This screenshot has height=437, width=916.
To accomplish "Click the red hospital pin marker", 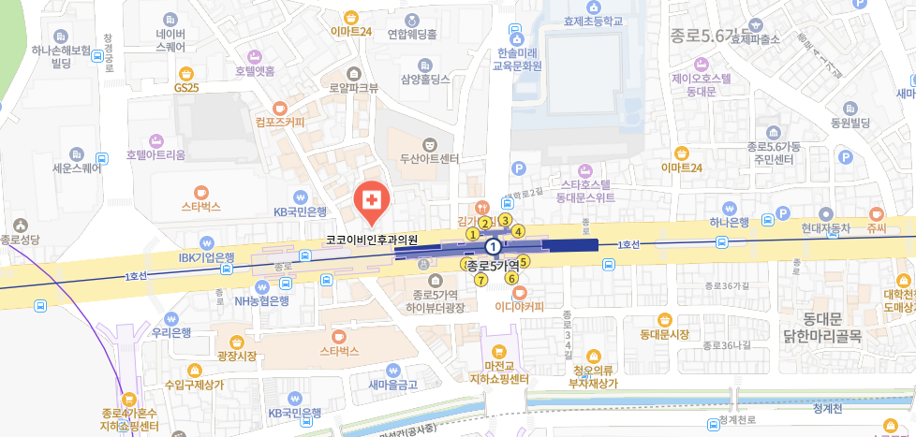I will (372, 200).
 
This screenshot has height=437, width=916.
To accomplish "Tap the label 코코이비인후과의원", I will (371, 240).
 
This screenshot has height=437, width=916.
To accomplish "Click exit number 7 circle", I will (480, 280).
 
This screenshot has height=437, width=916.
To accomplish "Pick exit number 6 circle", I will (511, 277).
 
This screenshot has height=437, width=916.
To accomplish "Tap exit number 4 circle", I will (518, 231).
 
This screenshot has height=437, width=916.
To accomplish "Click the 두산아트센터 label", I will (429, 158).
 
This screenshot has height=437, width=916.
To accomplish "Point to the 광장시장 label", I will (236, 357).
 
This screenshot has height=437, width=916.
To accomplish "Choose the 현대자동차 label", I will (825, 227).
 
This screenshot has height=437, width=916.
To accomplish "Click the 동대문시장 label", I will (664, 334).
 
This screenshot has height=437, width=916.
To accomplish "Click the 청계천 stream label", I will (829, 408).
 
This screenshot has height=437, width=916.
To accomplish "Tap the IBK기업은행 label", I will (207, 257).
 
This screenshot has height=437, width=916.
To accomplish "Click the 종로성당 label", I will (22, 240).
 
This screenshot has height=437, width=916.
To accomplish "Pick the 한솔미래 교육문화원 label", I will (518, 60).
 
